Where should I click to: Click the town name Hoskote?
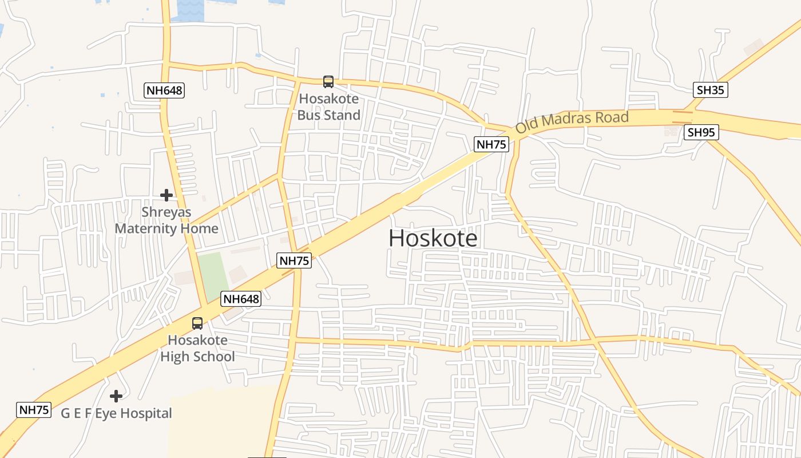pyautogui.click(x=433, y=238)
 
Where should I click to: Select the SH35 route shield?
pyautogui.click(x=711, y=90)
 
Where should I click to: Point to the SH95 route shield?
pyautogui.click(x=701, y=133)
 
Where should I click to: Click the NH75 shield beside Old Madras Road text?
pyautogui.click(x=491, y=144)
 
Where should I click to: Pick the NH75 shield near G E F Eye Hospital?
pyautogui.click(x=34, y=410)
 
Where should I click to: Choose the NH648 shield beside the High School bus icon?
pyautogui.click(x=241, y=299)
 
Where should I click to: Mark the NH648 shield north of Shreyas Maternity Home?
pyautogui.click(x=164, y=90)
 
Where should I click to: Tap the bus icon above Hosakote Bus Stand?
pyautogui.click(x=328, y=82)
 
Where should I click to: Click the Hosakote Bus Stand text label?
pyautogui.click(x=328, y=107)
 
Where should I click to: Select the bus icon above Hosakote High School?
pyautogui.click(x=197, y=323)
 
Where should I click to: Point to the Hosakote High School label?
pyautogui.click(x=197, y=349)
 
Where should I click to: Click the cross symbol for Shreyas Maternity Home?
pyautogui.click(x=166, y=195)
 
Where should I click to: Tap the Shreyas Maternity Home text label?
pyautogui.click(x=166, y=220)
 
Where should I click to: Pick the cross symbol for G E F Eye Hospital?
pyautogui.click(x=116, y=396)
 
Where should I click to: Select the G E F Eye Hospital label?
pyautogui.click(x=116, y=413)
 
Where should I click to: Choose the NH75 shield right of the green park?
pyautogui.click(x=294, y=261)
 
